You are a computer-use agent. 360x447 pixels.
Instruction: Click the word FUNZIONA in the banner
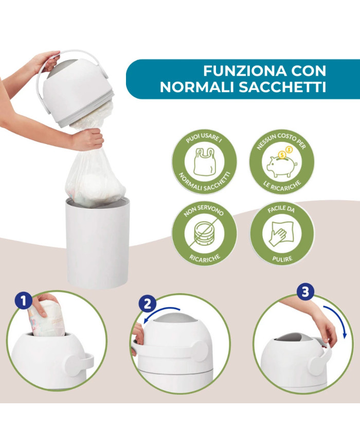245,70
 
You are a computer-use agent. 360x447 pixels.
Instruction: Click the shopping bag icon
204,162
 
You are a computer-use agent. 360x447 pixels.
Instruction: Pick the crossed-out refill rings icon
204,234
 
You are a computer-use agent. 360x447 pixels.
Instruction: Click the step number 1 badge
23,301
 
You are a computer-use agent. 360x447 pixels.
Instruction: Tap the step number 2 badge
147,304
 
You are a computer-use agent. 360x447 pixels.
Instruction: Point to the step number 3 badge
305,292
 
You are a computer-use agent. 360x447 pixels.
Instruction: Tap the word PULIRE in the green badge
282,259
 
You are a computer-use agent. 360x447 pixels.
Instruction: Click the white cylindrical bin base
97,243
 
